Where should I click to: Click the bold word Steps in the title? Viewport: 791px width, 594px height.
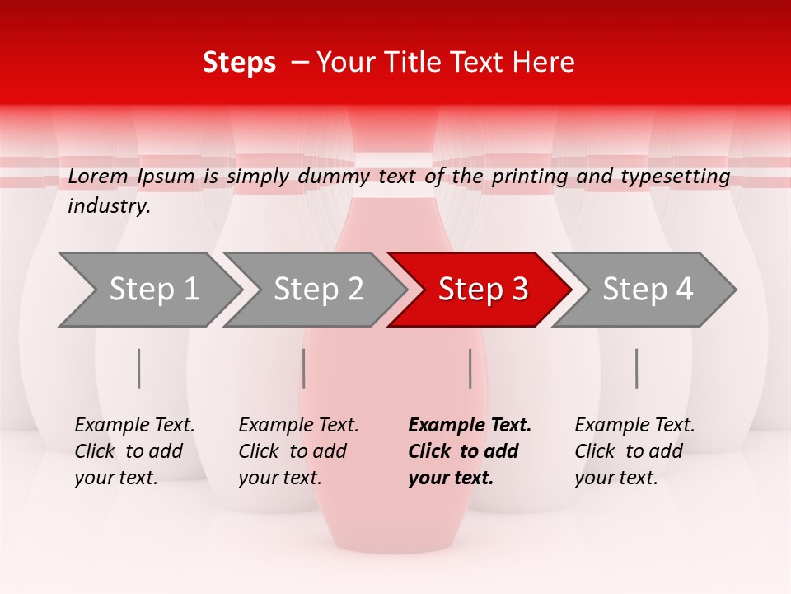[x=239, y=63]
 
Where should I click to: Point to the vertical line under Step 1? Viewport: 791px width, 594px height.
[x=139, y=368]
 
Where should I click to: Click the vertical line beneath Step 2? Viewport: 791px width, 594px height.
[x=304, y=368]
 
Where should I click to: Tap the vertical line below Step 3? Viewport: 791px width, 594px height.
[x=470, y=368]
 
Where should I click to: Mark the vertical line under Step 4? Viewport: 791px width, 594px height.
[x=637, y=368]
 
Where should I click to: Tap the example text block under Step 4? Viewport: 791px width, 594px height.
[x=634, y=451]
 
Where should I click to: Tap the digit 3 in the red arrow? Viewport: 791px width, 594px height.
[x=519, y=290]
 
